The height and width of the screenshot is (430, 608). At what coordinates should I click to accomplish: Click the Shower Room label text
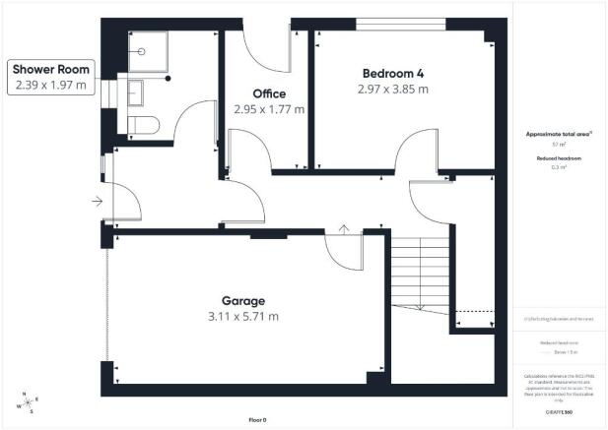pos(51,70)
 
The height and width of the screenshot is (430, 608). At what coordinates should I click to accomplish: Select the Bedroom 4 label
pos(395,74)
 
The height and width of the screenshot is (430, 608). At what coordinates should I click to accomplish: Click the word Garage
pos(242,301)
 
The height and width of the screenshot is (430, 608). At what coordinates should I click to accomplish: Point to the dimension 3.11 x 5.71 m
pos(243,317)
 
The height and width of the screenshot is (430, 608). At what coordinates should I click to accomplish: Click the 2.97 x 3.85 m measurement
pos(395,90)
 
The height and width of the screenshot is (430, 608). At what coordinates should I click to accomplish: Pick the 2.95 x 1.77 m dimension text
pos(269,109)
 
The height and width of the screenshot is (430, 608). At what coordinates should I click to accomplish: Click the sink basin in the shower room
pos(135,92)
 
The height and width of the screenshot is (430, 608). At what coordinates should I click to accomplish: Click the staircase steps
pos(420,272)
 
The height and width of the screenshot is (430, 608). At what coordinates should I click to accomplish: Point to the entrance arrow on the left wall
pos(95,202)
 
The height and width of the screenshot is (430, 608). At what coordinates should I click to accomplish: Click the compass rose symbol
pos(28,402)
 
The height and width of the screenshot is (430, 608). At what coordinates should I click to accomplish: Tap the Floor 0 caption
pos(258,420)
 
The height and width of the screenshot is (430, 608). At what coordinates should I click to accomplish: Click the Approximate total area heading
pos(562,134)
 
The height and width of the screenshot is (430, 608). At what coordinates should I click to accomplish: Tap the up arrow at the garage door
pos(343,228)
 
